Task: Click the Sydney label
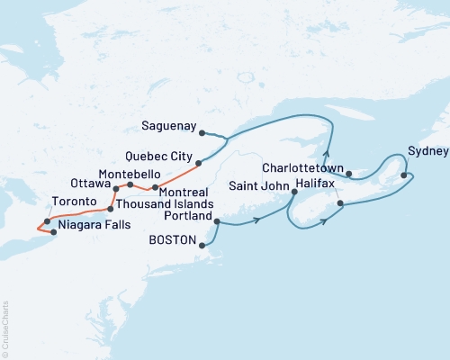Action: click(425, 150)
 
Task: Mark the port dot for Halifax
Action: click(340, 204)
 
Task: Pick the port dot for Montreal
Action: click(156, 187)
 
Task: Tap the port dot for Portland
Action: click(217, 219)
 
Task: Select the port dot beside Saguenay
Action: click(202, 133)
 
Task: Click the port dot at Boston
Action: click(202, 244)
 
